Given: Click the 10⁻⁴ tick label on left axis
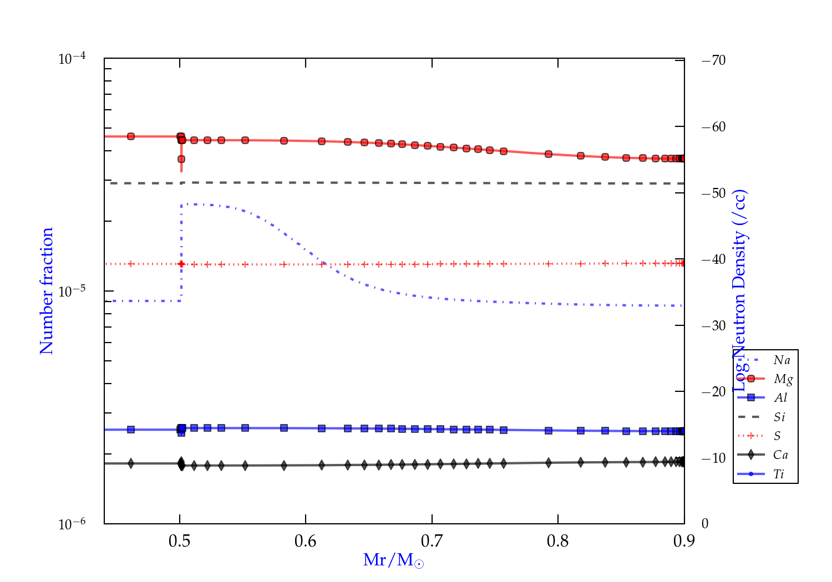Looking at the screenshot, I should [x=72, y=58].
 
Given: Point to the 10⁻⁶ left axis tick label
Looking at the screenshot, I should [x=72, y=524].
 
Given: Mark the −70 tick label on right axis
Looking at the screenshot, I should [x=714, y=60].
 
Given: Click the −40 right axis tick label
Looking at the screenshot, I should [x=714, y=259].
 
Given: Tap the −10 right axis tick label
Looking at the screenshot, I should [x=714, y=458].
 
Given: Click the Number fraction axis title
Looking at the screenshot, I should [x=47, y=291].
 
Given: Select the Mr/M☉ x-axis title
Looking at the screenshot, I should [x=394, y=560].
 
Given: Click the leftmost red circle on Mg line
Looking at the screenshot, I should [x=131, y=136].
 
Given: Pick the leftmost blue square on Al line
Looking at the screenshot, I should [x=131, y=430].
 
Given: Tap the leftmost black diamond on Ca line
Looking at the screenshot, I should [x=131, y=463].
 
